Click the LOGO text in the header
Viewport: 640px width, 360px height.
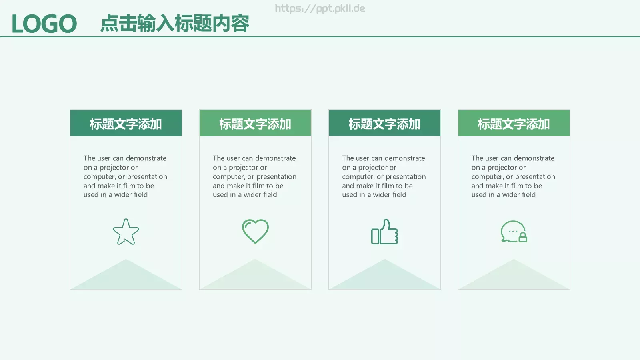coord(44,24)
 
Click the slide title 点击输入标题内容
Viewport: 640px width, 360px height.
coord(174,23)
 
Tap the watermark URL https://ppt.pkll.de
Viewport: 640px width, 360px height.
coord(320,8)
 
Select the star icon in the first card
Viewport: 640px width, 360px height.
coord(126,232)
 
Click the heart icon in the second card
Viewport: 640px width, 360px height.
coord(255,231)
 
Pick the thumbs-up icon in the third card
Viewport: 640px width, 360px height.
coord(384,232)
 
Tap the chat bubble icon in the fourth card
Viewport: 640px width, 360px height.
coord(512,231)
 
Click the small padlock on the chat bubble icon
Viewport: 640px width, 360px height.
coord(523,238)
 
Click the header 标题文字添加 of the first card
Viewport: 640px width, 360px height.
coord(126,124)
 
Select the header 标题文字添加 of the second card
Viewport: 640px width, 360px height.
coord(255,124)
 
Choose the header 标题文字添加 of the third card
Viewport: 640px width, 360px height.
coord(384,124)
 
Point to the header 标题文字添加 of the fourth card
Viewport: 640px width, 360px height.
coord(514,124)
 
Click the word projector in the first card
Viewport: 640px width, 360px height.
coord(114,168)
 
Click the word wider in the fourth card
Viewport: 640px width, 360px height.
coord(511,195)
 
